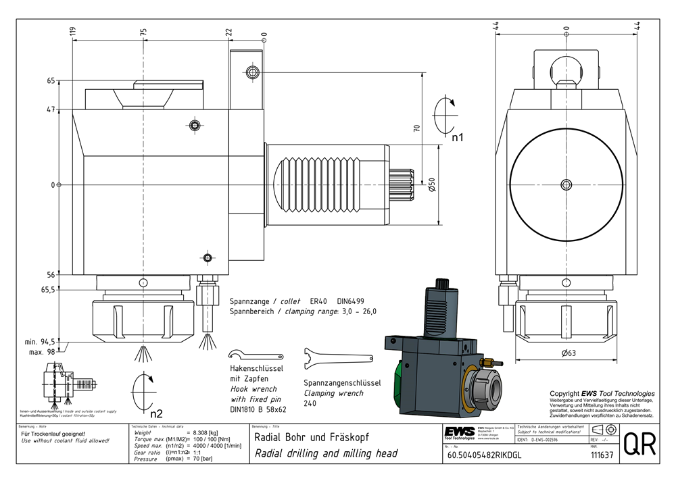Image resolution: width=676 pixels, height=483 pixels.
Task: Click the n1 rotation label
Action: pos(457,138)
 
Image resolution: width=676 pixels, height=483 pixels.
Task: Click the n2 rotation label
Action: pos(156,413)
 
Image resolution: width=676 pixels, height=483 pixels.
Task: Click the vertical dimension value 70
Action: pos(417,126)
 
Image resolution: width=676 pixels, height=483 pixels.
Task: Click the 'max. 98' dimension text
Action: pos(41,351)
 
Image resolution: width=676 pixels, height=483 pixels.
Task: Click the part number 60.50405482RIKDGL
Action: pos(485,455)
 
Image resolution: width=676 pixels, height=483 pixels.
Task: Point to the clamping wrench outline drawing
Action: pos(337,358)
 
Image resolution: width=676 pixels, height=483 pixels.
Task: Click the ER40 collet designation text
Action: pos(318,301)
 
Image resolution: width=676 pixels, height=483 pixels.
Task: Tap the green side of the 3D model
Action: pos(395,379)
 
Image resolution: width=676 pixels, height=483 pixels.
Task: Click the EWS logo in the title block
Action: pos(459,432)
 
